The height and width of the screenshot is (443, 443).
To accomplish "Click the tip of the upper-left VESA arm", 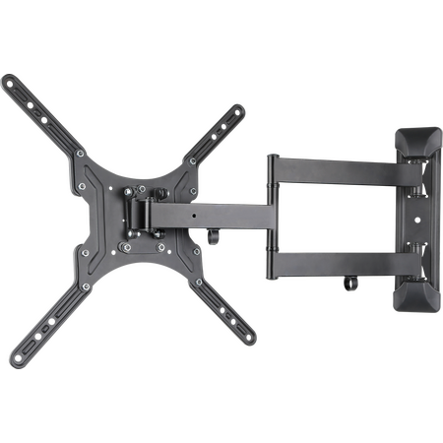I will [x=8, y=82].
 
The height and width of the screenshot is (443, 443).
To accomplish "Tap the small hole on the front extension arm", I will [x=197, y=212].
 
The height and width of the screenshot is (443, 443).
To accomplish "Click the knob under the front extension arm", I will [x=214, y=238].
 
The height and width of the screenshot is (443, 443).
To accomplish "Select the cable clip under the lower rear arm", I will [x=348, y=286].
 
